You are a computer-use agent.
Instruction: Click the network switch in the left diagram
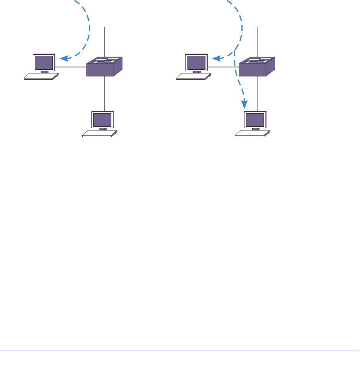pos(104,67)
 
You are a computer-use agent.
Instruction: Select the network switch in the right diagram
pos(256,67)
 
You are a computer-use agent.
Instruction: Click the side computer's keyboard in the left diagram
pos(41,76)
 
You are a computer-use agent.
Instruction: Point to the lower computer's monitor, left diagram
pos(102,120)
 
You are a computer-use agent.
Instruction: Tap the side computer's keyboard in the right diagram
pos(193,76)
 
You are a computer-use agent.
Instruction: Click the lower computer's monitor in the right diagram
pos(254,120)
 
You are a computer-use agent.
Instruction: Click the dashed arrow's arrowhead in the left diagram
pos(65,59)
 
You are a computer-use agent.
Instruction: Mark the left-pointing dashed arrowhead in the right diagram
pos(217,59)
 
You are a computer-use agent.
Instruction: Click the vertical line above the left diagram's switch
pos(105,42)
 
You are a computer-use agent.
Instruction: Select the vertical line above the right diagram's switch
pos(257,42)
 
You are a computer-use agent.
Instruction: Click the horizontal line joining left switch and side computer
pos(72,67)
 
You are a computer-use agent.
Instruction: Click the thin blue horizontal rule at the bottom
pos(180,350)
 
